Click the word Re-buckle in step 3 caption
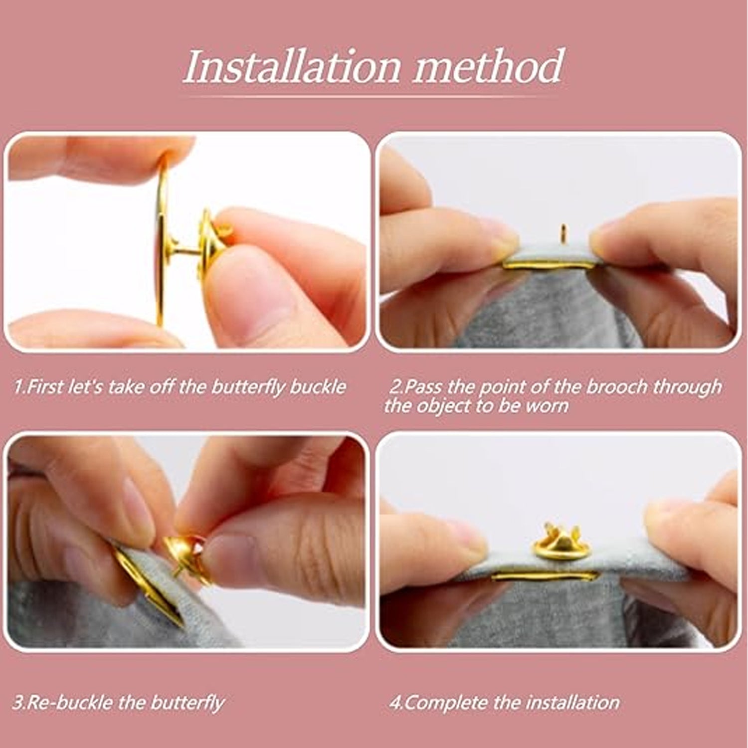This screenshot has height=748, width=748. click(67, 703)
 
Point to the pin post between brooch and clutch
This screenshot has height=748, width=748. click(186, 249)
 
